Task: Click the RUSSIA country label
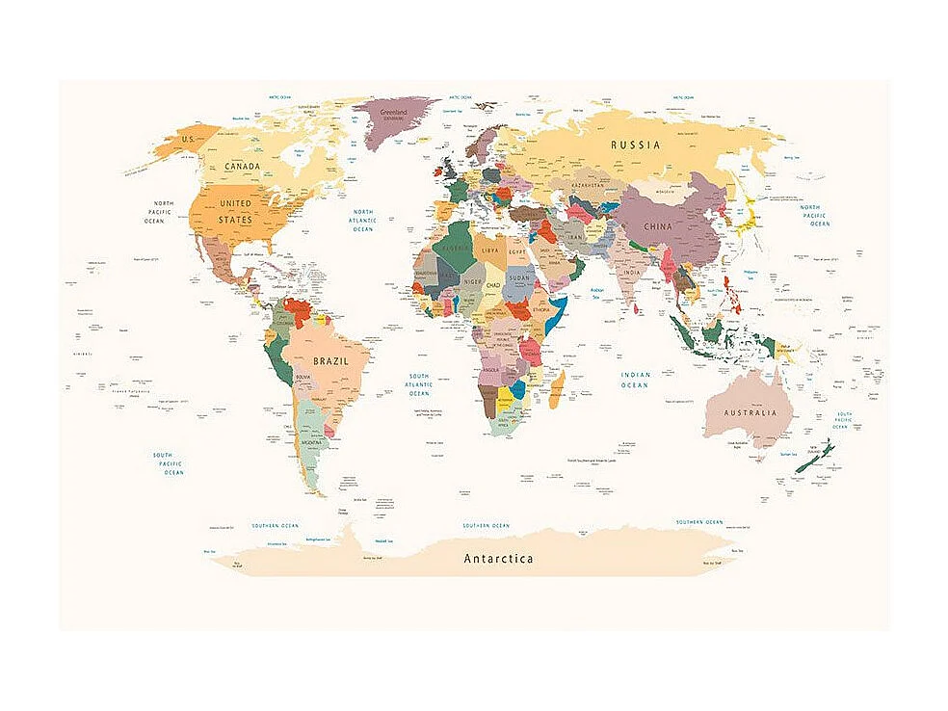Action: pyautogui.click(x=636, y=145)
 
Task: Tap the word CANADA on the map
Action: pyautogui.click(x=242, y=166)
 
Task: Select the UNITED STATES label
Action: pyautogui.click(x=235, y=211)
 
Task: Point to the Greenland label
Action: pyautogui.click(x=395, y=113)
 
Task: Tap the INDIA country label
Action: pyautogui.click(x=631, y=273)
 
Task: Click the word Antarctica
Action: pyautogui.click(x=498, y=558)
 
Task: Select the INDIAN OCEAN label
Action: pyautogui.click(x=635, y=380)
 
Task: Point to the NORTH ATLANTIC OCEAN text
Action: pyautogui.click(x=362, y=221)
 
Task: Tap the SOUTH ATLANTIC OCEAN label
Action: pyautogui.click(x=419, y=384)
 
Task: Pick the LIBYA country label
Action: pyautogui.click(x=490, y=250)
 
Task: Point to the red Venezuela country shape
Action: pyautogui.click(x=302, y=311)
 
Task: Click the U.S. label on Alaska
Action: pyautogui.click(x=189, y=139)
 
